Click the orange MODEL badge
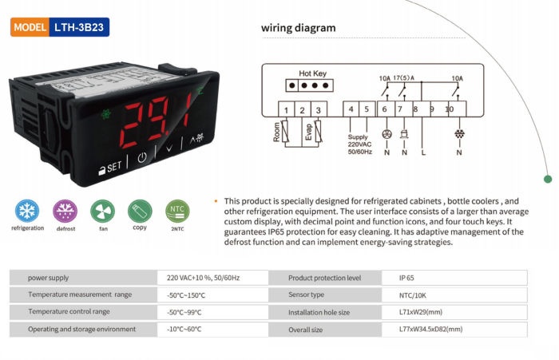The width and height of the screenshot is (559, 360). (30, 27)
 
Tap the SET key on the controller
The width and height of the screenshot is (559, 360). (110, 167)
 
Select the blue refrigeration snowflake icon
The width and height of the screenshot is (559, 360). (27, 211)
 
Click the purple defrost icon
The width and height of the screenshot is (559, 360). (65, 211)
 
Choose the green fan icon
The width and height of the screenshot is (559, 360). (103, 211)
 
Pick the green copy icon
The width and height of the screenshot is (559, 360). (140, 211)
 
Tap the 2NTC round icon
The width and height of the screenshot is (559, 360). (177, 211)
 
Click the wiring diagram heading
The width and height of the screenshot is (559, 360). (299, 28)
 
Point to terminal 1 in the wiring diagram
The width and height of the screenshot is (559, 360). (286, 109)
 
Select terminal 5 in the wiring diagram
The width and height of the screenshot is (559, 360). (367, 109)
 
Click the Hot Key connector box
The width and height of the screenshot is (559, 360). (310, 85)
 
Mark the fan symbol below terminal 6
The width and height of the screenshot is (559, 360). (387, 134)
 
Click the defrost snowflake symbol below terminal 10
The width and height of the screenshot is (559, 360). (459, 134)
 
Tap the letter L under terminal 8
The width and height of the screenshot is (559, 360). (423, 152)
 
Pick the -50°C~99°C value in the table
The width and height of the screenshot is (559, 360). (184, 312)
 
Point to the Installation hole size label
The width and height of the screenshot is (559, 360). (319, 312)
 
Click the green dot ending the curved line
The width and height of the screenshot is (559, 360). (548, 179)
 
